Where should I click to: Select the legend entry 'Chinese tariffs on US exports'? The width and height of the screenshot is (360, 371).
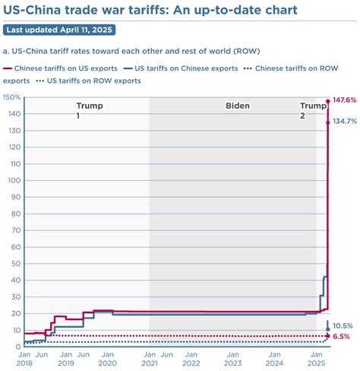pyautogui.click(x=61, y=68)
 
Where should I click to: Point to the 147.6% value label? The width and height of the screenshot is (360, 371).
pyautogui.click(x=344, y=101)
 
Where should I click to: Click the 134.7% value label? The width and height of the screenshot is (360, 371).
pyautogui.click(x=344, y=122)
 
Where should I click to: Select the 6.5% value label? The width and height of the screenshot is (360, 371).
pyautogui.click(x=342, y=336)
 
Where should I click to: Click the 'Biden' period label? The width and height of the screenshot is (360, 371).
pyautogui.click(x=237, y=106)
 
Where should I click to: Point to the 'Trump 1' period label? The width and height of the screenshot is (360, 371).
pyautogui.click(x=90, y=111)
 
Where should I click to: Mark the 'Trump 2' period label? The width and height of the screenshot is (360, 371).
pyautogui.click(x=312, y=111)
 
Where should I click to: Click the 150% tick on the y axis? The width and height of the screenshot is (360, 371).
pyautogui.click(x=11, y=97)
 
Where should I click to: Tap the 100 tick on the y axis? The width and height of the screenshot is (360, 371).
pyautogui.click(x=12, y=180)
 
